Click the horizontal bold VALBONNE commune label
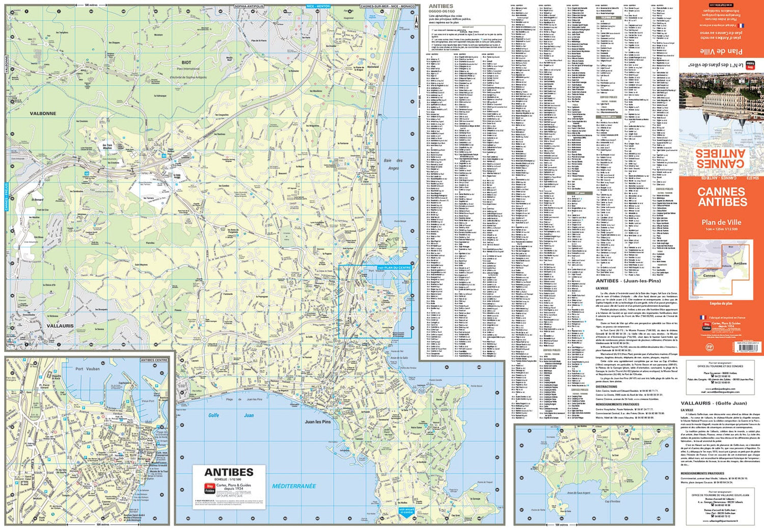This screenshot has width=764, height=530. [x=43, y=113]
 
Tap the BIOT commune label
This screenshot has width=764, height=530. [x=186, y=63]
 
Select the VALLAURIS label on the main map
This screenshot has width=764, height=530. [x=60, y=326]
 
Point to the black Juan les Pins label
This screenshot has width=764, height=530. [x=317, y=421]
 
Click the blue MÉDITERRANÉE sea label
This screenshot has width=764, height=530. [x=294, y=486]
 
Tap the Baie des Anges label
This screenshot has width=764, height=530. [x=393, y=164]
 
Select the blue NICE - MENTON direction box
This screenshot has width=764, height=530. [x=318, y=6]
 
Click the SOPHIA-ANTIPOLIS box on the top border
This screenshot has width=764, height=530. [x=249, y=6]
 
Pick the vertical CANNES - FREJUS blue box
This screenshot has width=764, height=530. [x=7, y=197]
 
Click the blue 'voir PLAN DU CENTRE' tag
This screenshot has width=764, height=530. [x=394, y=267]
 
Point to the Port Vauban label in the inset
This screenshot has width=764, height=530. [x=88, y=368]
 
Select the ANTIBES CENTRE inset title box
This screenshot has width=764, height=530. [x=154, y=360]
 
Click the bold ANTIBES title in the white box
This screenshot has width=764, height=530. [x=228, y=472]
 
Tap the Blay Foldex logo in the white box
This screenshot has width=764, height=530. [x=209, y=487]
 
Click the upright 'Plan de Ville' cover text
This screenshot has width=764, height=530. [x=721, y=222]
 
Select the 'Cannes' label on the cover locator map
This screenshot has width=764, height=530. [x=709, y=275]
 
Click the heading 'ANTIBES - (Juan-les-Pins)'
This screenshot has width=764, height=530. [x=628, y=281]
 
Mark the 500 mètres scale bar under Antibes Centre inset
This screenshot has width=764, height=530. [x=103, y=524]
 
